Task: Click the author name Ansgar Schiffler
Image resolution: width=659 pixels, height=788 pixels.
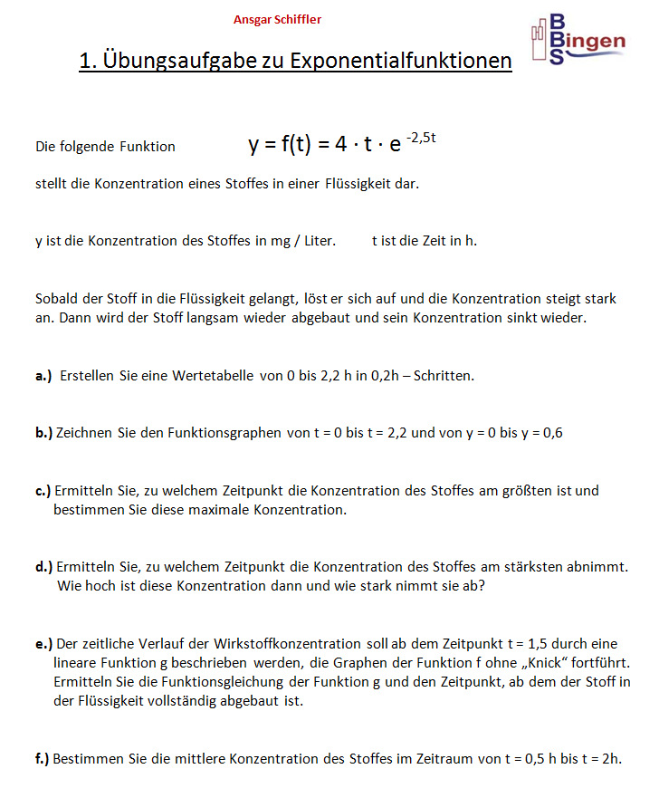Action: point(277,19)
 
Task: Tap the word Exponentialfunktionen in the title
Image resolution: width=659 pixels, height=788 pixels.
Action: point(408,62)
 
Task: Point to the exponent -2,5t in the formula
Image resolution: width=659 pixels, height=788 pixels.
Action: point(422,137)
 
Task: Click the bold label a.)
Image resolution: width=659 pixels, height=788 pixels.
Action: point(43,375)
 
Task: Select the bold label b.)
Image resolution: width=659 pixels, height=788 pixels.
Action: point(44,433)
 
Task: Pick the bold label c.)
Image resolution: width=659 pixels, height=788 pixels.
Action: point(43,491)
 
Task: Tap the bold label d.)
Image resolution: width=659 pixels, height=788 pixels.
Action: point(44,567)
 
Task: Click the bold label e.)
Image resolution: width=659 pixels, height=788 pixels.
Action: point(44,644)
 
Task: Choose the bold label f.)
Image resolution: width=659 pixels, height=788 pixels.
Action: point(43,759)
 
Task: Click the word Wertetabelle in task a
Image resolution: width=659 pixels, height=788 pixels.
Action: point(213,375)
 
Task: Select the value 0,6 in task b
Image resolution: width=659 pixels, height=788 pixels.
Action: point(552,433)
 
